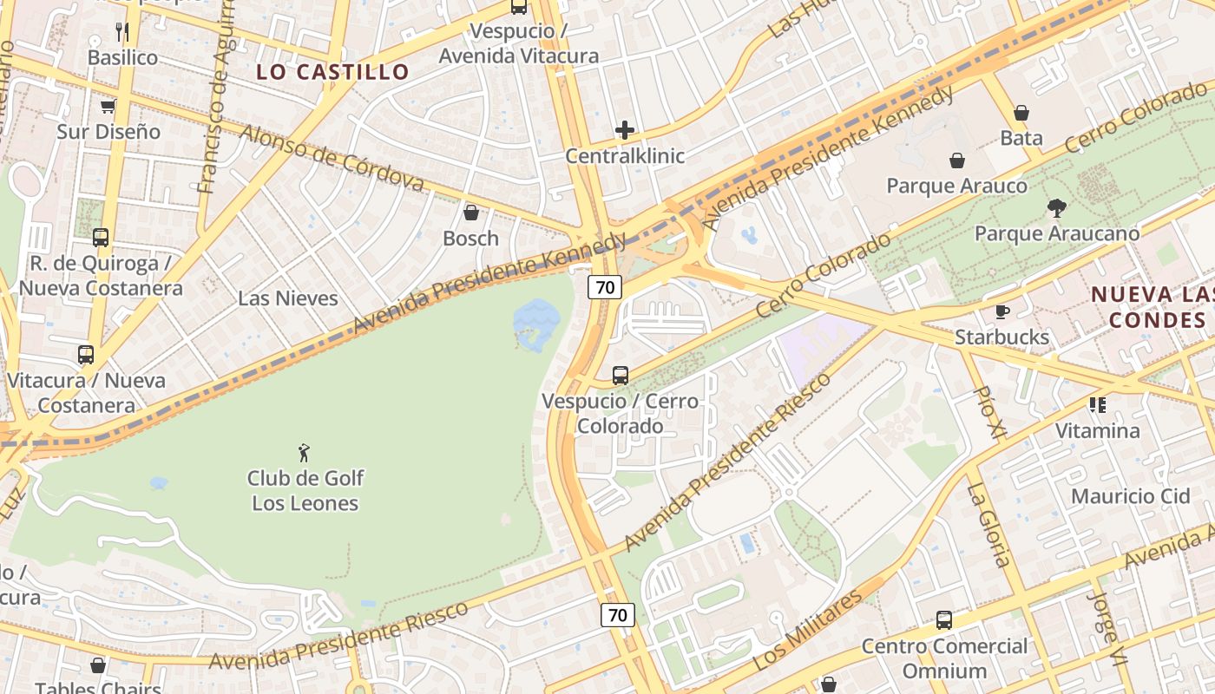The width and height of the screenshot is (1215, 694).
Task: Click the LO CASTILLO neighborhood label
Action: pos(332,72)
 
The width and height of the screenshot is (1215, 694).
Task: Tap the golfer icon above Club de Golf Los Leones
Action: pos(304,452)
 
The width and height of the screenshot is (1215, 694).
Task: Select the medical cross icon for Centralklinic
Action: pos(625,130)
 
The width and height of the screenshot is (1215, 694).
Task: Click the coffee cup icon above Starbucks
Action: pos(1002,311)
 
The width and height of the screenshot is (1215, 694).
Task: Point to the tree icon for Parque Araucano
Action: pos(1056,208)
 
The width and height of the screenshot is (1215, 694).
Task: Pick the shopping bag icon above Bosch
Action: pos(471,213)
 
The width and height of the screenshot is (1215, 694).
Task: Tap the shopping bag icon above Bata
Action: pos(1021,113)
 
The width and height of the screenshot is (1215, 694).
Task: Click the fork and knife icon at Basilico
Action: pos(122,32)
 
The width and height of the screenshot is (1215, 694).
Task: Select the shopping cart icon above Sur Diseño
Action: pos(108,106)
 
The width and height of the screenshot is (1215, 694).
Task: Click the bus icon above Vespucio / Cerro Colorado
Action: pos(620,376)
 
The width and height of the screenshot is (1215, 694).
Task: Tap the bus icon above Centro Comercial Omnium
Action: pos(943,620)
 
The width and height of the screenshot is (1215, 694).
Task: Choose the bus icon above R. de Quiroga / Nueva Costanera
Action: pos(101,238)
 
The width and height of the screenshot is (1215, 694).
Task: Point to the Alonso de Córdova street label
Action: pos(331,157)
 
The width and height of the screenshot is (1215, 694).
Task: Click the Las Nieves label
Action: pos(288,298)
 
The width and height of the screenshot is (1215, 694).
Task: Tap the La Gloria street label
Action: pos(988,525)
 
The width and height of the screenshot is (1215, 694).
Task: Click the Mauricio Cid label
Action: pos(1130,496)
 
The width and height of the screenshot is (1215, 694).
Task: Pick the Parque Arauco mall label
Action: pos(956,186)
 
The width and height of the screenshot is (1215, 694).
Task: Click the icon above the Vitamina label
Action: pos(1097,405)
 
